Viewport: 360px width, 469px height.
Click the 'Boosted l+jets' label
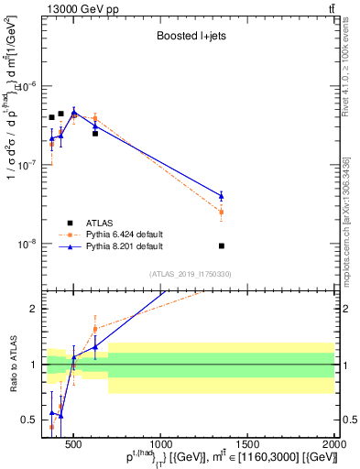pyautogui.click(x=191, y=37)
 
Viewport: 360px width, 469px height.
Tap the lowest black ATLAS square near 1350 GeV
pyautogui.click(x=222, y=245)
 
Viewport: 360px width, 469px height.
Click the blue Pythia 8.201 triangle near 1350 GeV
pyautogui.click(x=222, y=195)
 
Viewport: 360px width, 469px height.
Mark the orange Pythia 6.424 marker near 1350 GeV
pyautogui.click(x=222, y=212)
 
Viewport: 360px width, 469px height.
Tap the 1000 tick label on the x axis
pyautogui.click(x=160, y=446)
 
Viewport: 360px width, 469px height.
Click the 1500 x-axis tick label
pyautogui.click(x=247, y=446)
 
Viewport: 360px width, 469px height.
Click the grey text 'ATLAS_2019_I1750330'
pyautogui.click(x=190, y=274)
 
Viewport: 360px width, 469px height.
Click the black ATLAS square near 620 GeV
pyautogui.click(x=94, y=133)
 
